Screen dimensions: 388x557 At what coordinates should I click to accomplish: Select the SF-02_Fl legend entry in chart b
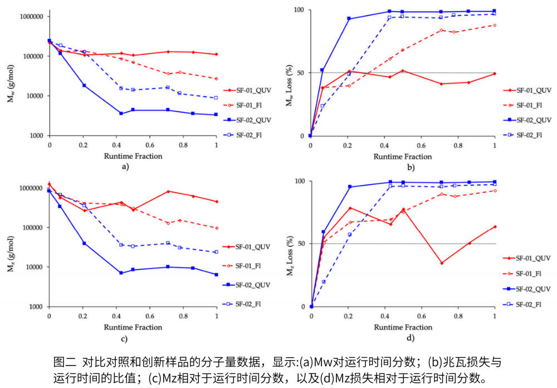point(534,134)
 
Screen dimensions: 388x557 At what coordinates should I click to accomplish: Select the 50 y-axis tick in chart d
point(301,244)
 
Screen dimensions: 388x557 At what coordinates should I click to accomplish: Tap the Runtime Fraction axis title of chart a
point(133,156)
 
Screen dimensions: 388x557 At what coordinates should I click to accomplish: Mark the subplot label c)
point(124,338)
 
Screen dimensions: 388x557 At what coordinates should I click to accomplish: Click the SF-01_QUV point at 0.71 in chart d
point(442,263)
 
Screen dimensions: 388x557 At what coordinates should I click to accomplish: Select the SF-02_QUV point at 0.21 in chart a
point(84,85)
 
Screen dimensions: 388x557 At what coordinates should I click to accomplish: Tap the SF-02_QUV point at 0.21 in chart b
point(349,18)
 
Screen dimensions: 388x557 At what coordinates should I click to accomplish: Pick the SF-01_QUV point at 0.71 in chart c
point(168,191)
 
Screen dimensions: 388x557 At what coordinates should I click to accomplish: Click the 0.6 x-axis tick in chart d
point(422,316)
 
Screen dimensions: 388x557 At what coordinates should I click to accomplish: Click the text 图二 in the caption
point(64,361)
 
